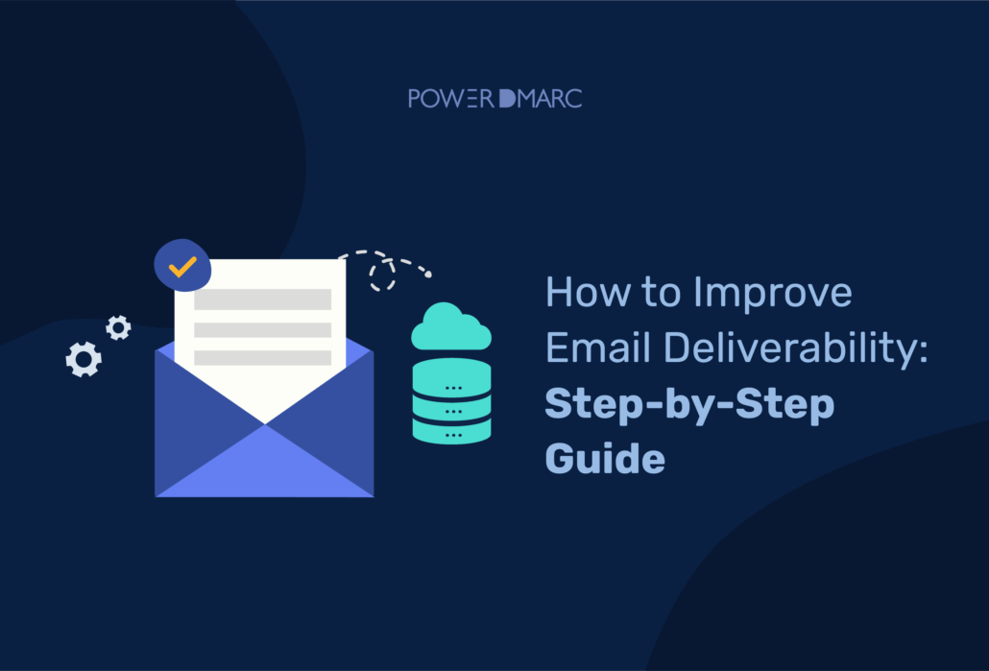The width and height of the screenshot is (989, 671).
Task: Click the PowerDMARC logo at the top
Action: point(494,98)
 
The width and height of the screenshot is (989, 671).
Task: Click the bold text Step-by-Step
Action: point(688,403)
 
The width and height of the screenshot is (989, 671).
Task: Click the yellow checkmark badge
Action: point(182,266)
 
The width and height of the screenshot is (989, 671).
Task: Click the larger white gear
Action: point(84,359)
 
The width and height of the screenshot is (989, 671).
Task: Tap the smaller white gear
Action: point(118,328)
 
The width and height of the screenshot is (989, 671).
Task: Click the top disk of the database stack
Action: point(451,370)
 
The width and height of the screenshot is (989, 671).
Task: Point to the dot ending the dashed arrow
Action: point(428,276)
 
